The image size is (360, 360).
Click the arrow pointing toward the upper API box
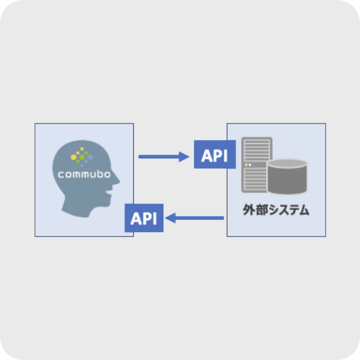coord(164,156)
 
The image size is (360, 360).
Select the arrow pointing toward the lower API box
coord(196,218)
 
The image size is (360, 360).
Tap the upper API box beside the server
coord(214,154)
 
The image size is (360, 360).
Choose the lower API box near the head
coord(144,218)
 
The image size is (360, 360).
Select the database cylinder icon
coord(287,175)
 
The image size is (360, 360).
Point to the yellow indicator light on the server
coord(246,164)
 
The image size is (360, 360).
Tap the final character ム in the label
coord(304,211)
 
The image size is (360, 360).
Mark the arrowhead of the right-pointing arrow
coord(186,156)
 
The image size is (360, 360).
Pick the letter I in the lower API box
coord(154,218)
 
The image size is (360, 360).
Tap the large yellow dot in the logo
coord(74,157)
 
